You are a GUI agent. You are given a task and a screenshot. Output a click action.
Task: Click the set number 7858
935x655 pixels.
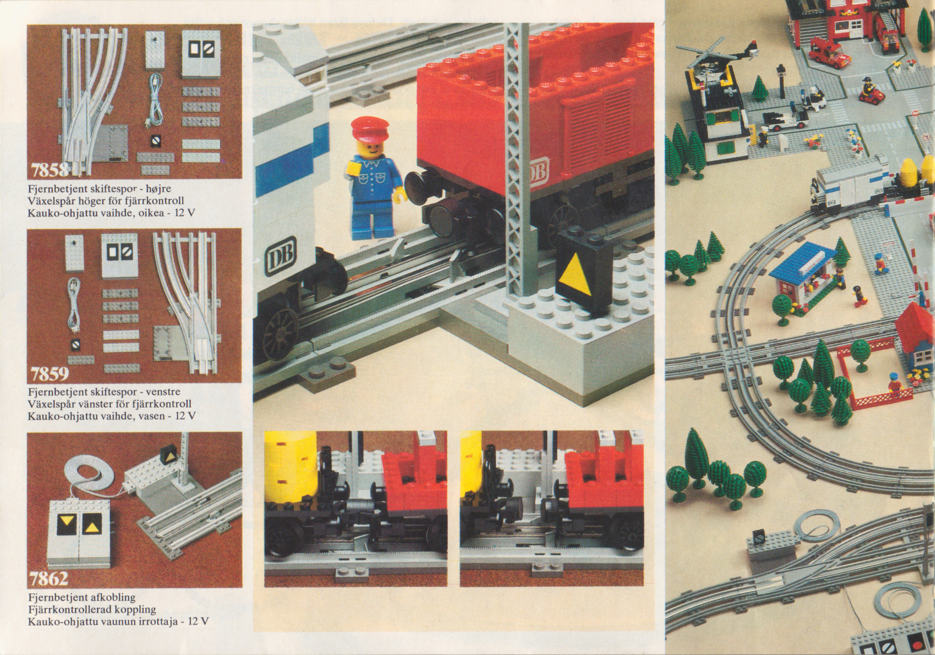coord(48,170)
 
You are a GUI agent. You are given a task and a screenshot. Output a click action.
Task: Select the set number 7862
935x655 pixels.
coord(49,578)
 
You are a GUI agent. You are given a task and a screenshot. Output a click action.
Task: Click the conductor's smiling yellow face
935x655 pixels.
coord(367,150)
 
